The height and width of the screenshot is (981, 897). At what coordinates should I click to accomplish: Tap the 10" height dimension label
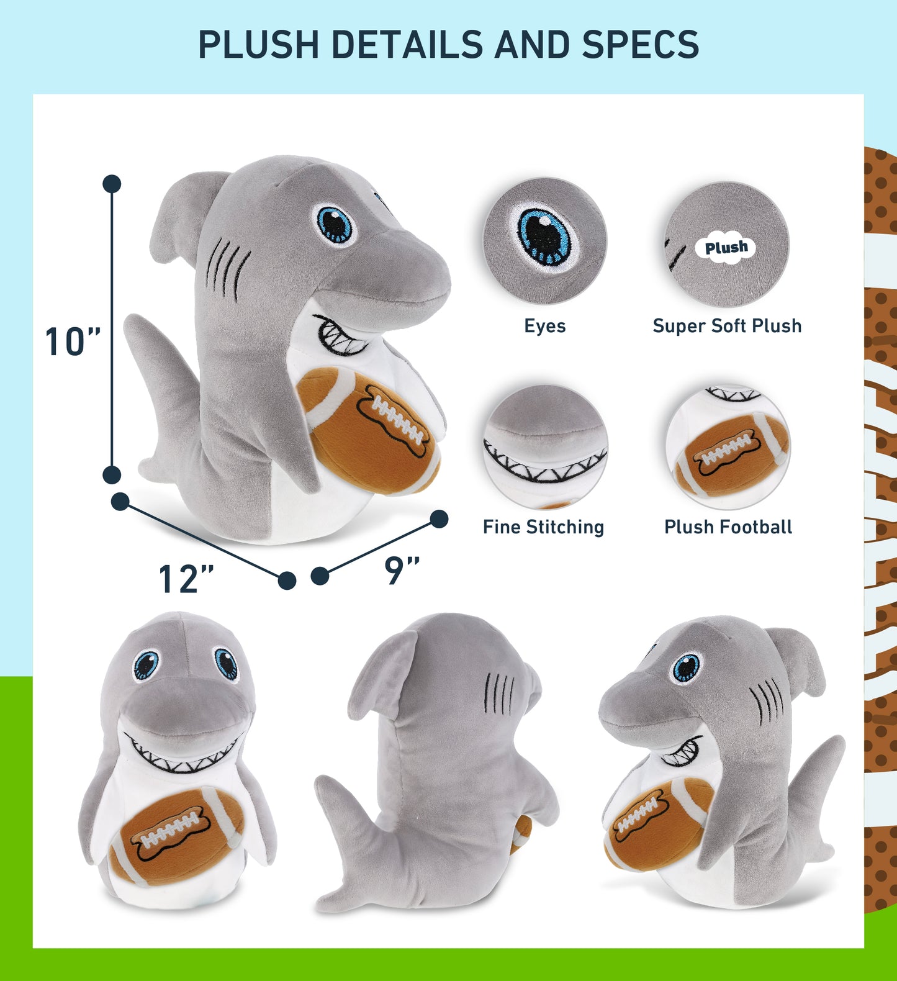[x=73, y=341]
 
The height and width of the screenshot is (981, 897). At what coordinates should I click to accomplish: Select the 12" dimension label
[x=186, y=579]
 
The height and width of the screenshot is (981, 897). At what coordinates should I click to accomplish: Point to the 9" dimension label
[x=402, y=570]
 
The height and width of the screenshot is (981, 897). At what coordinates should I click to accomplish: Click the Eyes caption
[x=544, y=326]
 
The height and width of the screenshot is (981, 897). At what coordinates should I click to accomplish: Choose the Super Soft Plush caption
[x=727, y=326]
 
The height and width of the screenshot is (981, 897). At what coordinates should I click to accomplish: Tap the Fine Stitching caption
[x=543, y=527]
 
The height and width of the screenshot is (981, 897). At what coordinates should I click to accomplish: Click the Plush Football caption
[x=728, y=527]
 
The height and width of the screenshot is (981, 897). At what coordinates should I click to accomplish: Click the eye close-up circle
[x=544, y=241]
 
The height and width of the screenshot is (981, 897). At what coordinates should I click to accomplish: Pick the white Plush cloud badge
[x=726, y=248]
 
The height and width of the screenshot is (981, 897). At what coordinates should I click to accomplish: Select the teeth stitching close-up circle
[x=545, y=446]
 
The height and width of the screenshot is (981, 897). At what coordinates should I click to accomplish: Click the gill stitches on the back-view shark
[x=499, y=694]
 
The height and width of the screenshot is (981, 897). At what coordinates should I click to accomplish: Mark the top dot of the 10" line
[x=112, y=184]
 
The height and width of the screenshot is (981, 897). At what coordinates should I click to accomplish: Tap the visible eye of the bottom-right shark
[x=686, y=667]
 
